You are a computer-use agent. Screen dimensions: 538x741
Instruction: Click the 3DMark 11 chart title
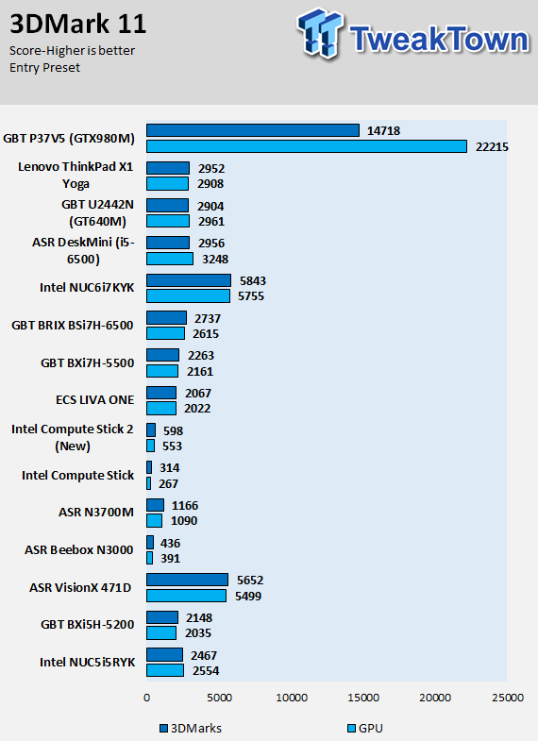point(78,25)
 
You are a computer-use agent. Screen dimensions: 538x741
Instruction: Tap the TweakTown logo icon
point(320,33)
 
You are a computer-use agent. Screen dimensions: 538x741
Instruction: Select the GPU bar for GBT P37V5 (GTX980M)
point(307,146)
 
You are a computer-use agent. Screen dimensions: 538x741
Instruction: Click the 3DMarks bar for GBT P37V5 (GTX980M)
point(253,130)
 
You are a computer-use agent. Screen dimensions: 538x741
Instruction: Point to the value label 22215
point(492,147)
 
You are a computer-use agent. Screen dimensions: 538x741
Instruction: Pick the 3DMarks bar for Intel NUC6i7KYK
point(189,280)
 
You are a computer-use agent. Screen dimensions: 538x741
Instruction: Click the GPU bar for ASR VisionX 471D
point(186,596)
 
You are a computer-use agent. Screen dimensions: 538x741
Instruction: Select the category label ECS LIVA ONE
point(95,400)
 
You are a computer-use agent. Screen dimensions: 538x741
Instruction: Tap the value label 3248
point(215,259)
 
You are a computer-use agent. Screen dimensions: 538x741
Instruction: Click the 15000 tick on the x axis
point(363,698)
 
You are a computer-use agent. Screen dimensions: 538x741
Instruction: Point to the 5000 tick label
point(219,698)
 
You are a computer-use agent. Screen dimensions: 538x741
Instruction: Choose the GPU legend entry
point(365,728)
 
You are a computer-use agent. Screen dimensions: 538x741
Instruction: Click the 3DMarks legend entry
point(191,728)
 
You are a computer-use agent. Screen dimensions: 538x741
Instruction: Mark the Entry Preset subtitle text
point(45,68)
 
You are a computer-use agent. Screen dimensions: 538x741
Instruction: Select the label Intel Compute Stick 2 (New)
point(73,438)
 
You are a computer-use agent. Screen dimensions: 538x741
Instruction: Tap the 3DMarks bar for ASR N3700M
point(155,505)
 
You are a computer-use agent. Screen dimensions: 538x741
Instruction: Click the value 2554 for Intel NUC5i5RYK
point(206,670)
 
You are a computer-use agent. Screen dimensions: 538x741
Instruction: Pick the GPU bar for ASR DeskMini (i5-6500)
point(170,259)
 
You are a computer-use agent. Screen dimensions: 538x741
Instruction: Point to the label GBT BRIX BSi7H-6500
point(73,325)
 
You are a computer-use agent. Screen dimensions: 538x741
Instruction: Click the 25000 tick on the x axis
point(508,698)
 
